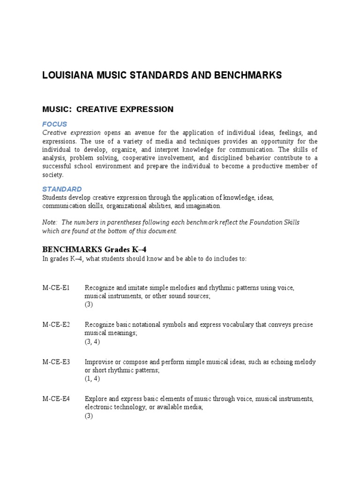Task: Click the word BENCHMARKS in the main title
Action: tap(250, 75)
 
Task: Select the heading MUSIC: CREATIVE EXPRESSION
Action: tap(108, 109)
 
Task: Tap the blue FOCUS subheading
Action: tap(55, 124)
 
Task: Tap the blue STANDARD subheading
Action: tap(62, 189)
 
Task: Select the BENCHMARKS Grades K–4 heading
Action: tap(97, 249)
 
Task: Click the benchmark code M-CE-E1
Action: tap(56, 287)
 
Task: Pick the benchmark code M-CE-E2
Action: tap(56, 325)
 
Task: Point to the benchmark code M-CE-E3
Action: tap(56, 362)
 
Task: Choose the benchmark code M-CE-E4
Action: tap(56, 399)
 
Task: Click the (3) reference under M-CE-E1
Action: tap(89, 305)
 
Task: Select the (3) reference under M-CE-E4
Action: tap(89, 416)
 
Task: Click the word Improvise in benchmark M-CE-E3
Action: tap(99, 362)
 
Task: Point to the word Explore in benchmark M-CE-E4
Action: tap(96, 399)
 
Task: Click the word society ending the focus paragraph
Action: tap(52, 175)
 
